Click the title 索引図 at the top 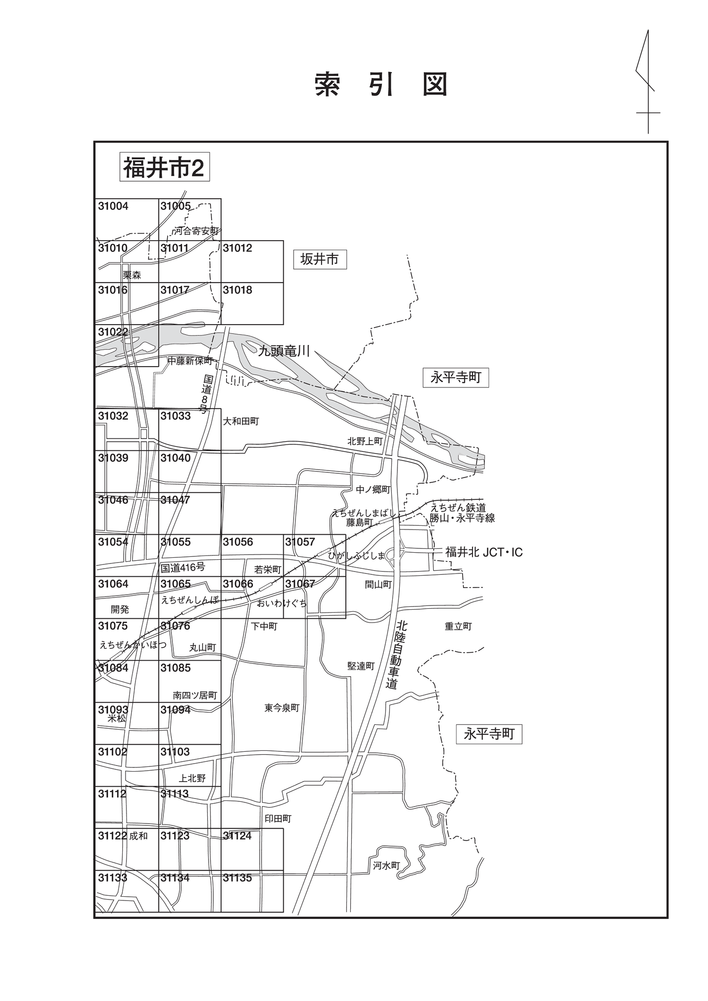coord(381,85)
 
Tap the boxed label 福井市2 coord(164,167)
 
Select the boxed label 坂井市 coord(320,259)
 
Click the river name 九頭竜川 coord(284,351)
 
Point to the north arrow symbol coord(647,82)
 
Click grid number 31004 coord(113,206)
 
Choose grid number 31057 coord(300,542)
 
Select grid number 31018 coord(237,290)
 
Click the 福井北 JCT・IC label coord(484,552)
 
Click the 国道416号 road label coord(183,567)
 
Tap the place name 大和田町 coord(241,421)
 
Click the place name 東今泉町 coord(282,708)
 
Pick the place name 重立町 coord(458,626)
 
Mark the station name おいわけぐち coord(282,603)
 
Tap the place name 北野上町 coord(365,441)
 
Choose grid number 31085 coord(176,668)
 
